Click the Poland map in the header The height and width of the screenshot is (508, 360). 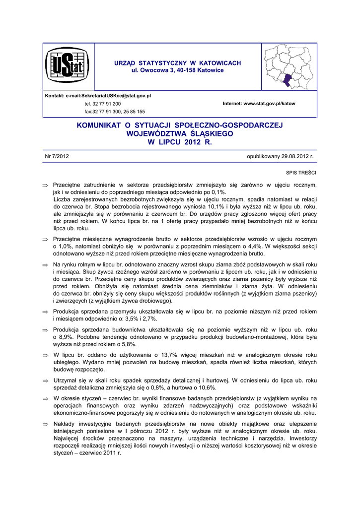[289, 66]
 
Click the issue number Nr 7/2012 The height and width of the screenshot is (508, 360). [57, 156]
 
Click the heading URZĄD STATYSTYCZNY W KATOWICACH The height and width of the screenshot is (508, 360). [178, 63]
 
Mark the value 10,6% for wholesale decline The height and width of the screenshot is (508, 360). [207, 387]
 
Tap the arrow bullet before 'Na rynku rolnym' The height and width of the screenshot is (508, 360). [45, 265]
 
